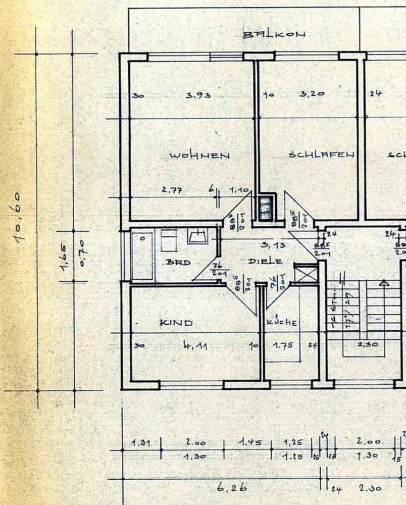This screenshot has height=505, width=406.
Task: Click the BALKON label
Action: [274, 35]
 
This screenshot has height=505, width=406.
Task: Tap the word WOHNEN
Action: [199, 156]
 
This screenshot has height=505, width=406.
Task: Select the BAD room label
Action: [178, 263]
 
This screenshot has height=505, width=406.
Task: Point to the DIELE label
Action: [265, 262]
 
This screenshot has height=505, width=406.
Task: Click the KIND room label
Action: [176, 322]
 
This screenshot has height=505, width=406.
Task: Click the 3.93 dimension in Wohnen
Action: [198, 95]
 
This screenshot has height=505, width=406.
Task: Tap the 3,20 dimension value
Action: [312, 94]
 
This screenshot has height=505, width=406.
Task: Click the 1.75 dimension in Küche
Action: [283, 346]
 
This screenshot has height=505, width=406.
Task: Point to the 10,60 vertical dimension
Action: [24, 217]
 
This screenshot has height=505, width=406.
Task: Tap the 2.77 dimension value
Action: [171, 190]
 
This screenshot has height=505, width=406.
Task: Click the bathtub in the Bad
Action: [142, 256]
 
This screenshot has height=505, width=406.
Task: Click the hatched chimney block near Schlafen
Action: [265, 207]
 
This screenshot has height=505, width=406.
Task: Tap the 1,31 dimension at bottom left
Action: [141, 443]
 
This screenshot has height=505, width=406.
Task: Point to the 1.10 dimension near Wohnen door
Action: [240, 190]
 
